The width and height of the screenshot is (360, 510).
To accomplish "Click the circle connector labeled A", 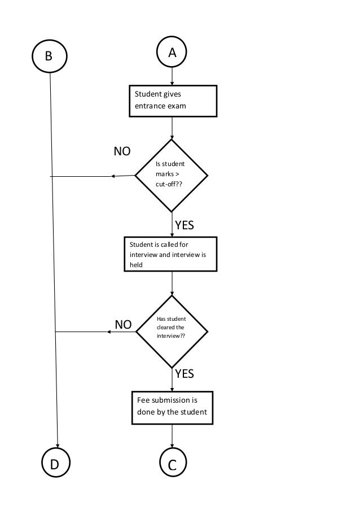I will click(x=172, y=53).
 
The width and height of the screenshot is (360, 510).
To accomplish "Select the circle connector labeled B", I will click(x=49, y=56).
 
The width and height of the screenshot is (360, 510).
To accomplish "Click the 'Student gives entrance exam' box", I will click(x=172, y=101).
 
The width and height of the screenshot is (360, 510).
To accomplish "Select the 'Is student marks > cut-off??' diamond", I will click(x=172, y=175).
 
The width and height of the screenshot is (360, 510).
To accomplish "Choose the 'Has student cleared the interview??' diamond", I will click(x=172, y=332).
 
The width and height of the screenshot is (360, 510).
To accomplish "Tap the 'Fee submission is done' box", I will click(x=172, y=407).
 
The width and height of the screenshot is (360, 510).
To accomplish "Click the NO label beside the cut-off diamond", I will click(x=122, y=151).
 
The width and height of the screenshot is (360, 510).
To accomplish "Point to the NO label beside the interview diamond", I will click(x=123, y=325).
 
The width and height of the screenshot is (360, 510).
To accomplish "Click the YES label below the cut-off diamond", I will click(x=184, y=225).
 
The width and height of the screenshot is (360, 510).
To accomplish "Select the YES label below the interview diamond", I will click(x=184, y=373).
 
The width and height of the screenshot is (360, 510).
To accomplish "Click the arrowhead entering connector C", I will click(x=172, y=446).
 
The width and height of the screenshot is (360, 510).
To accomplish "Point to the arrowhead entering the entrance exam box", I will click(x=172, y=83).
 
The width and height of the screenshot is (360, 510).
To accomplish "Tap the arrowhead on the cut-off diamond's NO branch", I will click(x=113, y=176).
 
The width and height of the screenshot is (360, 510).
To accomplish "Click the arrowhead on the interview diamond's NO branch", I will click(x=109, y=332).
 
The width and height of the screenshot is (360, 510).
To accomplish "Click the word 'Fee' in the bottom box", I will click(x=143, y=400).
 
